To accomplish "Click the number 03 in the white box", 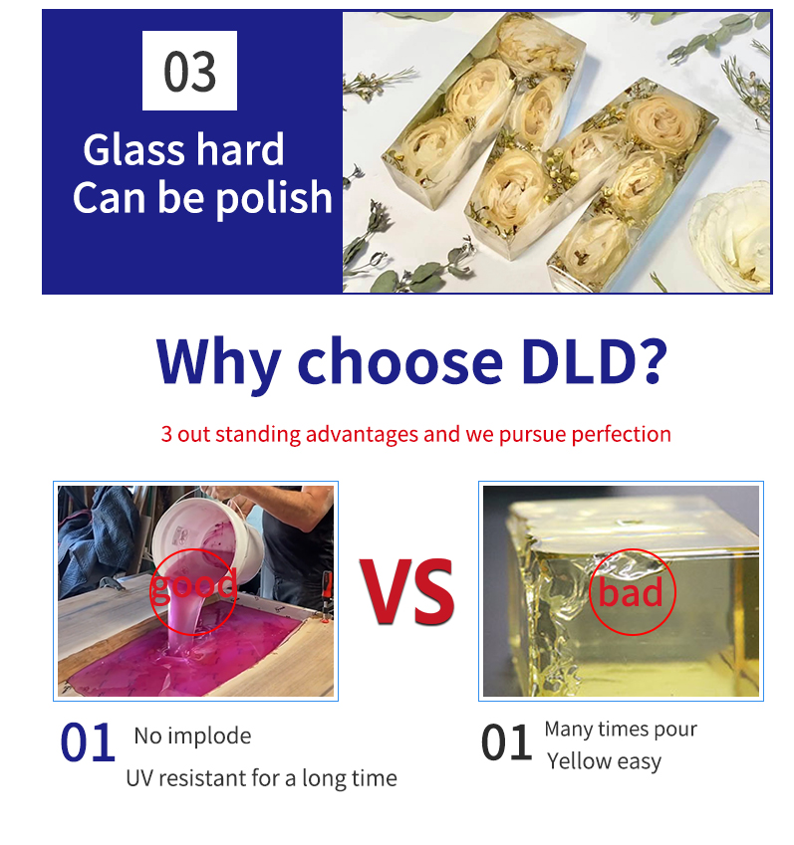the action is click(x=189, y=71).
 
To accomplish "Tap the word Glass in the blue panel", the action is click(x=134, y=150).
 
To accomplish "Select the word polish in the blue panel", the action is click(x=274, y=197).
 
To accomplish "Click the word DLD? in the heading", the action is click(x=594, y=360).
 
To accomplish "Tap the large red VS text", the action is click(x=406, y=592).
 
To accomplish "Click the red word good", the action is click(x=193, y=585).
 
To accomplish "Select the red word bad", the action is click(x=631, y=593).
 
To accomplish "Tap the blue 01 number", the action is click(x=88, y=742).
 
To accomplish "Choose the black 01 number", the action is click(x=506, y=742).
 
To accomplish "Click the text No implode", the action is click(x=192, y=736).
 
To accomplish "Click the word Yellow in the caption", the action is click(x=579, y=761).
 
